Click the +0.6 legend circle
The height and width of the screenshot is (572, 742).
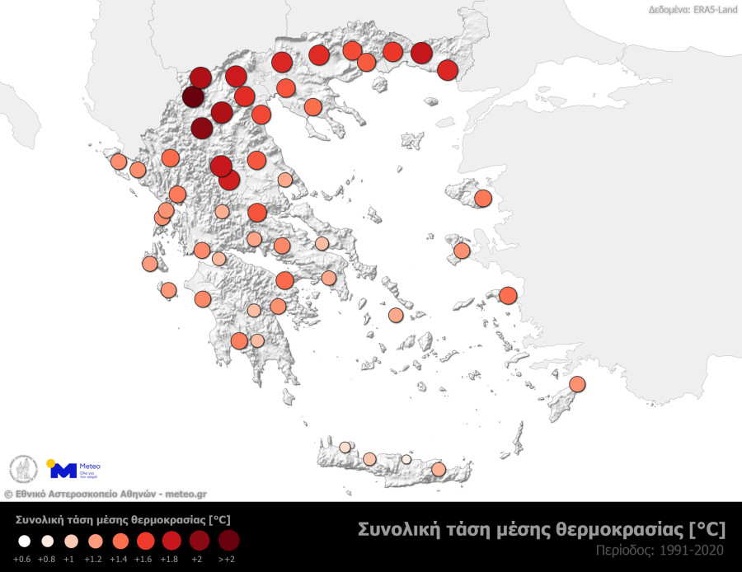click(x=23, y=541)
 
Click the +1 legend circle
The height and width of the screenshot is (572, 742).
click(x=72, y=541)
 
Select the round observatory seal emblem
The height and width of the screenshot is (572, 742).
click(x=23, y=470)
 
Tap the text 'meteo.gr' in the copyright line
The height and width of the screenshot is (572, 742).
click(x=185, y=494)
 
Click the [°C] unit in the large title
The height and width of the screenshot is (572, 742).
click(x=707, y=529)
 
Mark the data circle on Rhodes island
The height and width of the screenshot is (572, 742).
click(x=577, y=384)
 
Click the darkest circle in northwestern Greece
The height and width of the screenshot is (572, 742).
click(x=193, y=98)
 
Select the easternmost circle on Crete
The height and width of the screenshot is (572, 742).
click(x=439, y=469)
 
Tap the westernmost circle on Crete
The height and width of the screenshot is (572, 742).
click(x=345, y=448)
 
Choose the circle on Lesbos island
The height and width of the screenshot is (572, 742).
click(x=483, y=199)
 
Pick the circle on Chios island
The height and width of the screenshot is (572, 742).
click(x=462, y=251)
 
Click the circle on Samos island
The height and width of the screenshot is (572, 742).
click(x=507, y=295)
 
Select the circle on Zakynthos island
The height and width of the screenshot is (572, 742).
click(x=168, y=290)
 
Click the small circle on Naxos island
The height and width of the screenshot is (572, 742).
click(x=396, y=315)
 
